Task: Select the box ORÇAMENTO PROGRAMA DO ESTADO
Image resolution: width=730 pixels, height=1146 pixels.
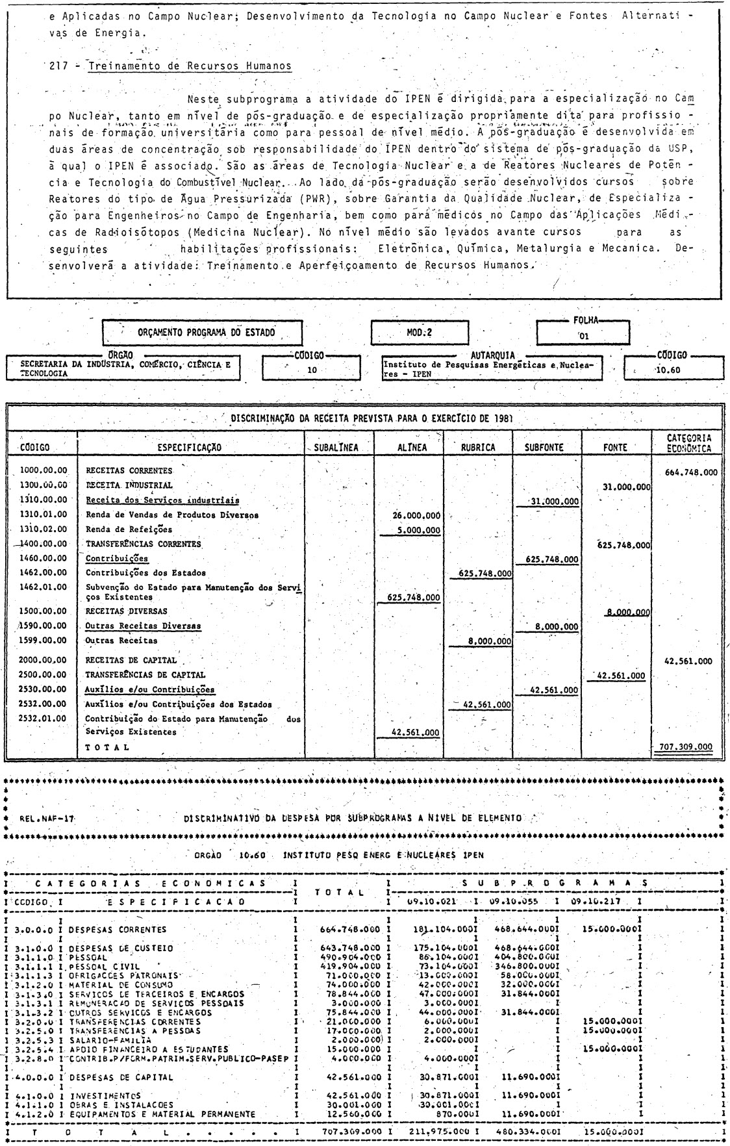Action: coord(203,333)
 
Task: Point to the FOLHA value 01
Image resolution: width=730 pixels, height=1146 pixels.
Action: coord(583,337)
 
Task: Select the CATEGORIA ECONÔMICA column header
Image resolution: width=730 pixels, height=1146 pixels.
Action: coord(688,443)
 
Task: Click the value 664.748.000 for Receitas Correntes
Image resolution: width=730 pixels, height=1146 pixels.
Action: coord(691,472)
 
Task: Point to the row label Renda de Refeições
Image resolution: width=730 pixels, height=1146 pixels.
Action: coord(129,529)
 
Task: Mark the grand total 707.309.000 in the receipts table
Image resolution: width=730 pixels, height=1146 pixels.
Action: coord(686,746)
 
